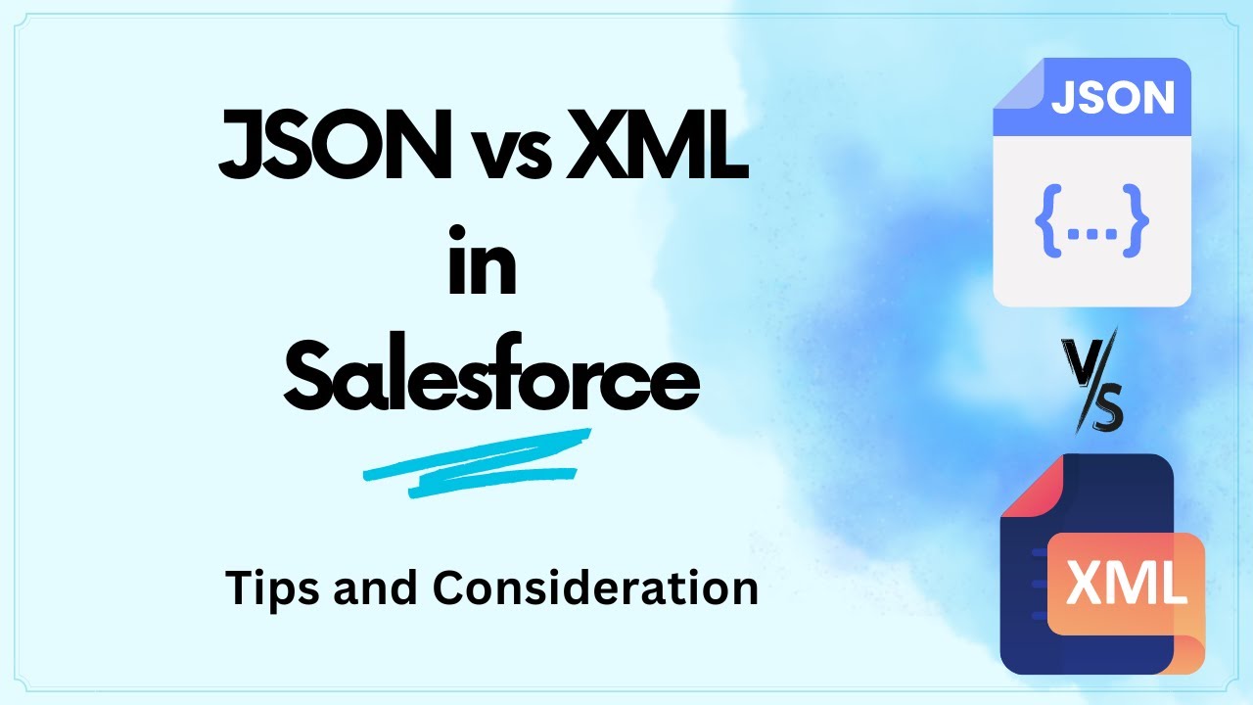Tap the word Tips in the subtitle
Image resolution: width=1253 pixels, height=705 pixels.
tap(271, 588)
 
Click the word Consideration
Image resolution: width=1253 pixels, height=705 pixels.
tap(595, 588)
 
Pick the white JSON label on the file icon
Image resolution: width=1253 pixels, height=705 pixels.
tap(1112, 98)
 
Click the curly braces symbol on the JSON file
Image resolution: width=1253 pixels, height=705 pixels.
tap(1091, 221)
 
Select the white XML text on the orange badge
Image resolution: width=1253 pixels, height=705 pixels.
tap(1126, 584)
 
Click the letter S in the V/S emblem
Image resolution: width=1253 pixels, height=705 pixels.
tap(1104, 410)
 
